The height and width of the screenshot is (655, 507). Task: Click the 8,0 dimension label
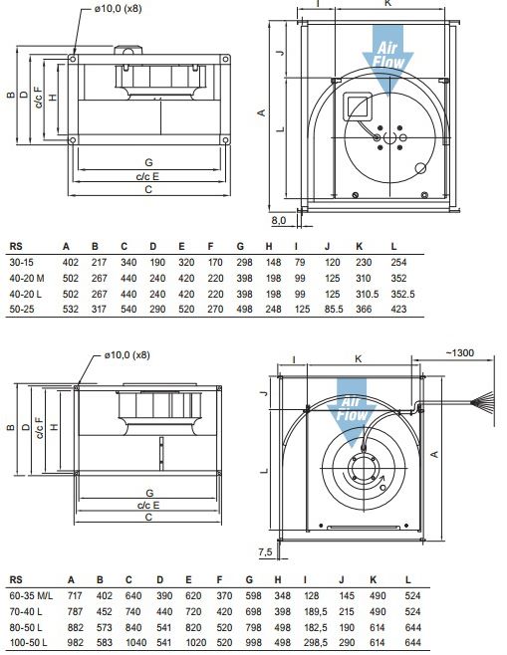click(279, 220)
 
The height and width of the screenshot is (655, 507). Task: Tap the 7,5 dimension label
click(265, 551)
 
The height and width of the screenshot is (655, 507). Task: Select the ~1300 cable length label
click(460, 353)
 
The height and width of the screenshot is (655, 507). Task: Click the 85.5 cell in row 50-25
click(334, 310)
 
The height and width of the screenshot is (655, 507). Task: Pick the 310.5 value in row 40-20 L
click(367, 294)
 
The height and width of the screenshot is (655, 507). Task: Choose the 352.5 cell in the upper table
click(403, 294)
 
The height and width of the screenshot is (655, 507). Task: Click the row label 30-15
click(21, 263)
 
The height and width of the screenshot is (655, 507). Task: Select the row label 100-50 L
click(29, 642)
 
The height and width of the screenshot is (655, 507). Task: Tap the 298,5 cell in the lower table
click(316, 642)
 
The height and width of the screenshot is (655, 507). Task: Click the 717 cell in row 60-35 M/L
click(76, 595)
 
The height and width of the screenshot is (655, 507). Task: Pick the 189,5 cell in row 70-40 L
click(316, 611)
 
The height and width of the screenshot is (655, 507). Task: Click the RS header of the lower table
click(16, 579)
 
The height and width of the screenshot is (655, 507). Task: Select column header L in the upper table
click(393, 247)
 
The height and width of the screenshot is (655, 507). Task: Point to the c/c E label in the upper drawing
click(148, 177)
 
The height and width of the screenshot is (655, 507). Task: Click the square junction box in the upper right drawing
click(358, 107)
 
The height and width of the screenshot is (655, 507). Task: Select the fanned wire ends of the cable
click(483, 403)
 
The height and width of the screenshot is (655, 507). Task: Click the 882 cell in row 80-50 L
click(76, 627)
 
